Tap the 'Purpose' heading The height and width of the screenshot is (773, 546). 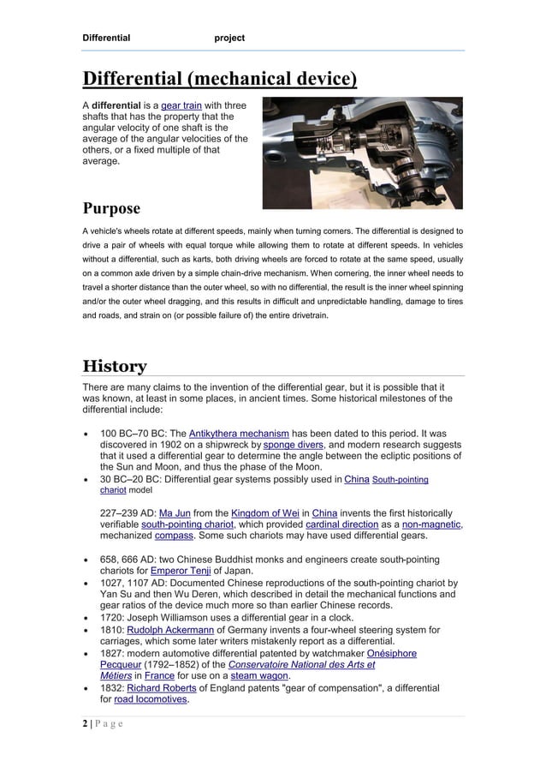point(111,209)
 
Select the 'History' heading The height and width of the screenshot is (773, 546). point(114,367)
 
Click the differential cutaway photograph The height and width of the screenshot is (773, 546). point(362,153)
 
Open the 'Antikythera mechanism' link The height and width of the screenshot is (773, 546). point(238,433)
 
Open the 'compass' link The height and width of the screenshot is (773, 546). point(173,536)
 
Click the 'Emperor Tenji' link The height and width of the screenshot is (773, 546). point(181,571)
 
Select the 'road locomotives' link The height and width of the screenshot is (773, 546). point(151,700)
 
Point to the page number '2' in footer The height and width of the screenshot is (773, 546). point(85,724)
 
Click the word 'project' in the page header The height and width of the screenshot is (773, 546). point(229,38)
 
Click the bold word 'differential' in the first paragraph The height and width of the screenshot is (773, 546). point(117,105)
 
